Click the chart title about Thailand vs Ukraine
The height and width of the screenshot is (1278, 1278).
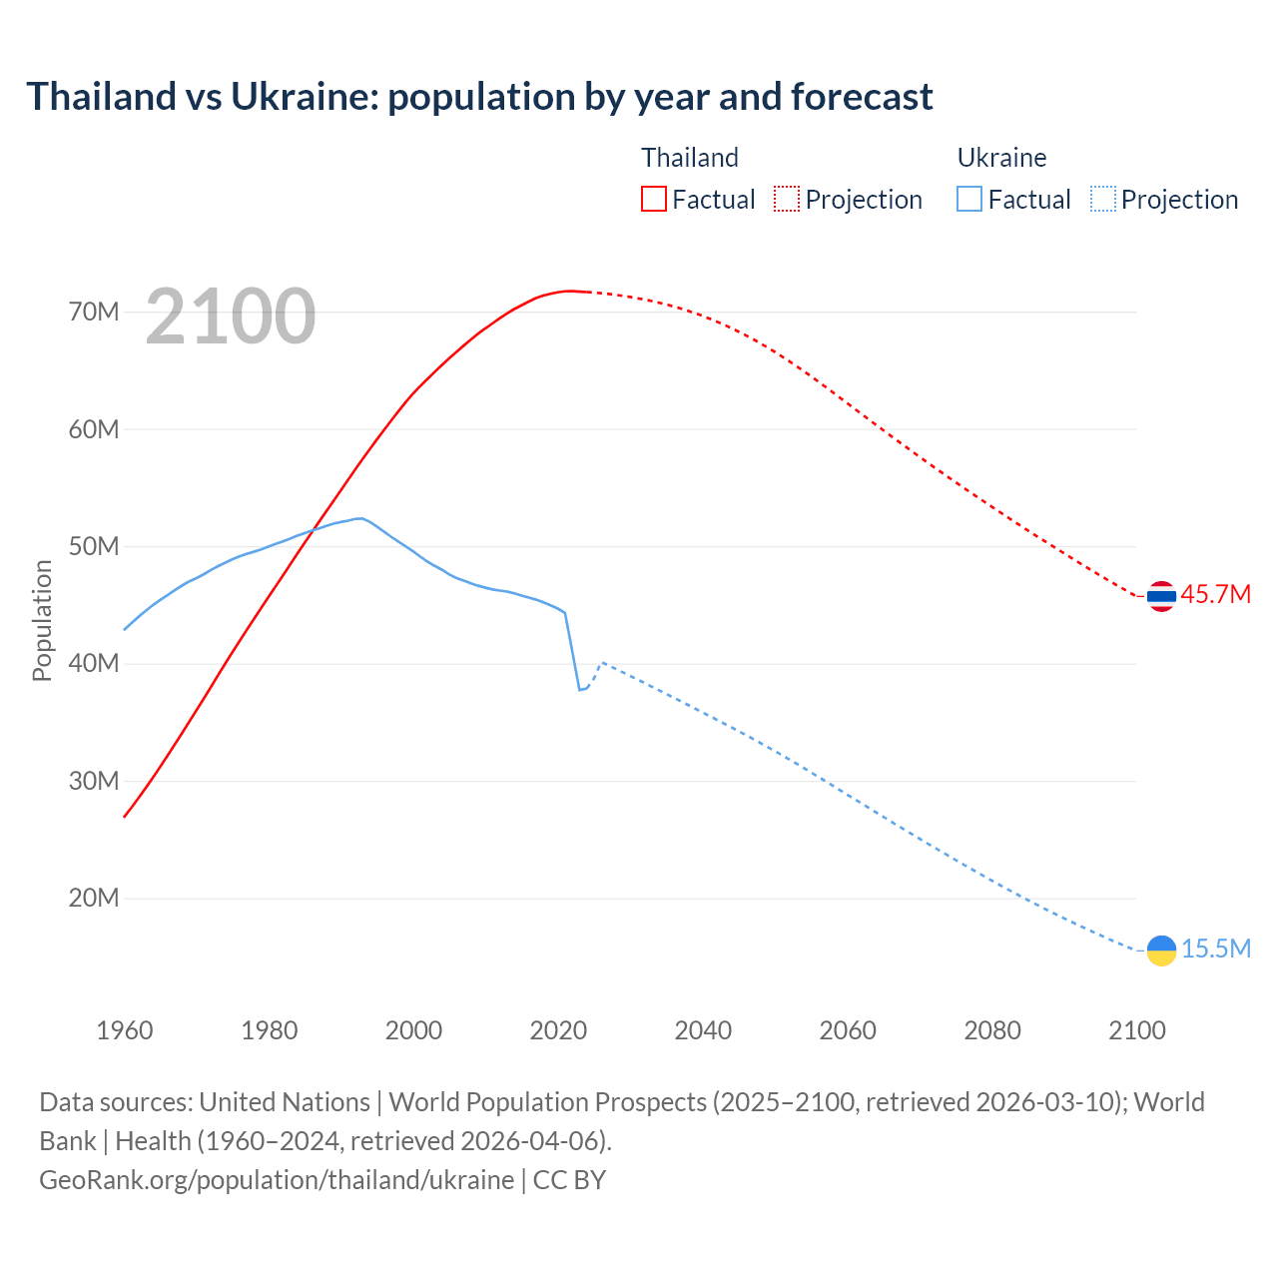click(479, 97)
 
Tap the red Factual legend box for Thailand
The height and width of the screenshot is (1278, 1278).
click(653, 199)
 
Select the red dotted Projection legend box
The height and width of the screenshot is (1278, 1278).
click(787, 199)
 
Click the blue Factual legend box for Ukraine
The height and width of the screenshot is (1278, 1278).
click(969, 199)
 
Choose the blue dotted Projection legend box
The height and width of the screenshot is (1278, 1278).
click(1102, 199)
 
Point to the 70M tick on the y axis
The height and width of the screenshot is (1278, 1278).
click(94, 313)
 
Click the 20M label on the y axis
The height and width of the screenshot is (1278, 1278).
click(94, 899)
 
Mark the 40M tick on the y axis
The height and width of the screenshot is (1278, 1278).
click(94, 664)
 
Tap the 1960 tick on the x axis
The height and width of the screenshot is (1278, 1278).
click(125, 1030)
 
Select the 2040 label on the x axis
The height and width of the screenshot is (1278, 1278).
click(703, 1030)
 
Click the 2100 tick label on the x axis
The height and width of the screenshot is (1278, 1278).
click(1136, 1030)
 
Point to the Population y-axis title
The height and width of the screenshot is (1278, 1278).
click(42, 620)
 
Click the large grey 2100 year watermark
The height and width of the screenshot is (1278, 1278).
click(231, 318)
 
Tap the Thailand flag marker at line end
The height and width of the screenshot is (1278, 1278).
click(1161, 596)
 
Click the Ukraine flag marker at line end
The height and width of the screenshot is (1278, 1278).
click(1161, 951)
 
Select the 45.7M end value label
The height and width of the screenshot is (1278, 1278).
click(1215, 595)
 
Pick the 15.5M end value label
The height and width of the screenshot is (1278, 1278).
click(1215, 950)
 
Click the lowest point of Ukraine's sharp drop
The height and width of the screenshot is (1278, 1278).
click(579, 690)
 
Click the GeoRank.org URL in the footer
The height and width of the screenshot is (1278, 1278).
click(277, 1180)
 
